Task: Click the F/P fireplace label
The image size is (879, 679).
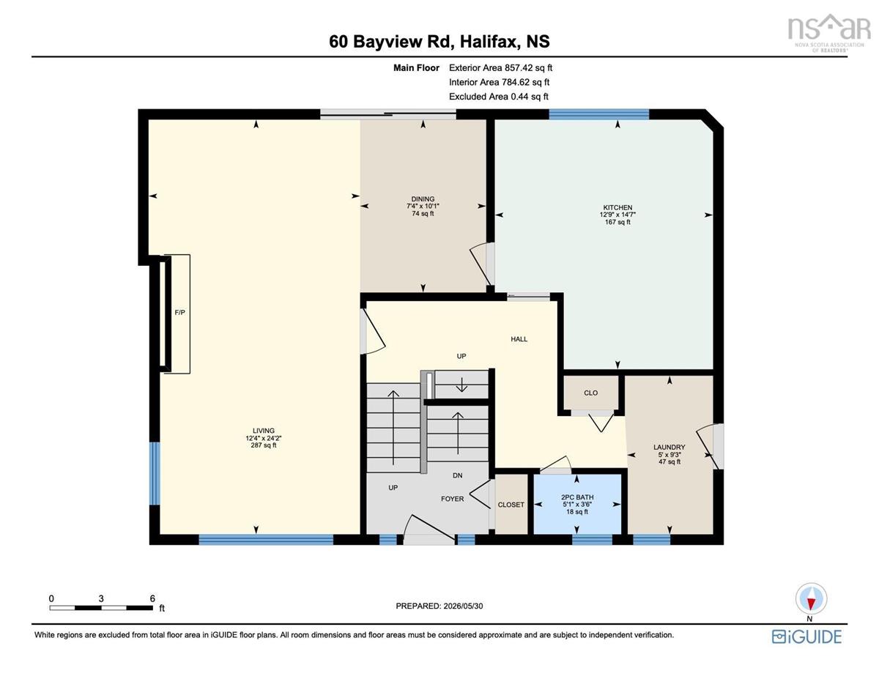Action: pos(179,313)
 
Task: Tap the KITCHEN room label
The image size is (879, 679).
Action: pos(617,207)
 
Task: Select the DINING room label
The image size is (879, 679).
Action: pos(423,199)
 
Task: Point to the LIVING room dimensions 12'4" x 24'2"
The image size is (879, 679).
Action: pos(264,438)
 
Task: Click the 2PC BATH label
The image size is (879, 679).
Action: pos(577,497)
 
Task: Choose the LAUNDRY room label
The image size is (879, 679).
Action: pos(669,447)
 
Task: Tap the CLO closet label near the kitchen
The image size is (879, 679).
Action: pos(590,393)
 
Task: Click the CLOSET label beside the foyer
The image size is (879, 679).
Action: pos(511,505)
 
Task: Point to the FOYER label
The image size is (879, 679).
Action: pos(452,499)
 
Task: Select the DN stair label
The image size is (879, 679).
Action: pos(458,475)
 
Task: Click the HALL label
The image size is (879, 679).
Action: pos(519,339)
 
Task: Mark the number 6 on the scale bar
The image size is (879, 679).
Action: pos(152,598)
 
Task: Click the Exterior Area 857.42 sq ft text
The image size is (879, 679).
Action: pos(500,67)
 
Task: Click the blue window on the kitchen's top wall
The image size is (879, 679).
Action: pos(598,114)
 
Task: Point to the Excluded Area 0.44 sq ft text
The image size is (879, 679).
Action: pos(498,96)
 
